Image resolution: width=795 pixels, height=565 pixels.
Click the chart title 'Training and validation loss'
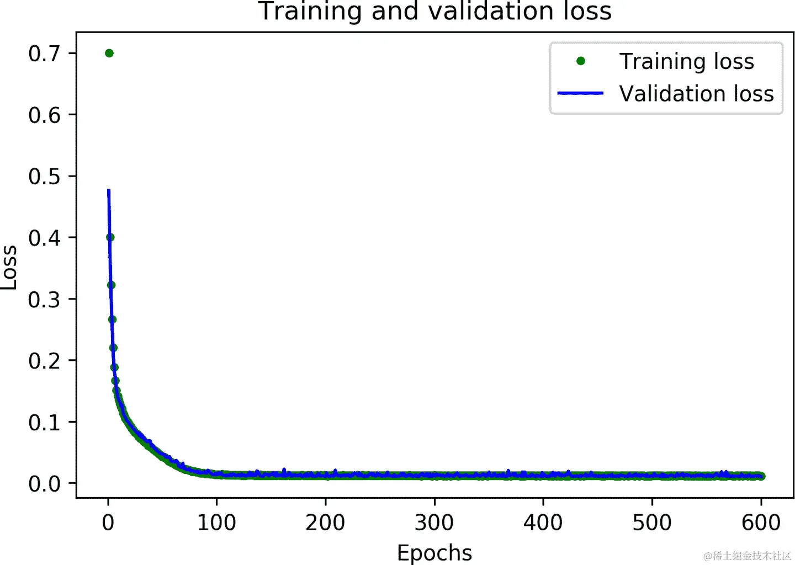(434, 11)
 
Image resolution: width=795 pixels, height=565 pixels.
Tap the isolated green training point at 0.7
(109, 53)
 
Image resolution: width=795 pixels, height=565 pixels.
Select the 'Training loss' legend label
(686, 61)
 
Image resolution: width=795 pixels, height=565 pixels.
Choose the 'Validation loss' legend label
(696, 94)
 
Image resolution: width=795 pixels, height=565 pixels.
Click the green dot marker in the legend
(581, 61)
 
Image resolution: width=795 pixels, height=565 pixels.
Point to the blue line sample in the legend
(580, 93)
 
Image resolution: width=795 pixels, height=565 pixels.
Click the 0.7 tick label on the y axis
(44, 54)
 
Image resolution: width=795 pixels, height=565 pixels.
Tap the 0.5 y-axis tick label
(44, 177)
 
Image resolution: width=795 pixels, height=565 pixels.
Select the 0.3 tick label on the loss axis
(44, 300)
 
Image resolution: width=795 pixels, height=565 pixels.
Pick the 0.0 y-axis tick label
(44, 484)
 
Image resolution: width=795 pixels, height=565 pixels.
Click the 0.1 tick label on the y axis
(44, 423)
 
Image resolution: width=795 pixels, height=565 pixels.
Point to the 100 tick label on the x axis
(216, 523)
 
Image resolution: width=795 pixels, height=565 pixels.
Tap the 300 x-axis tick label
(434, 523)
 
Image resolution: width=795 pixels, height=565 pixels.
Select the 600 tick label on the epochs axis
(761, 523)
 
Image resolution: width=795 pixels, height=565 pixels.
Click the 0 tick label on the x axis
(108, 523)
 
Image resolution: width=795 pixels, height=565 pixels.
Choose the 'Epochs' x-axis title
(434, 553)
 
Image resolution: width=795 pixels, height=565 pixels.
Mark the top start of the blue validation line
(109, 191)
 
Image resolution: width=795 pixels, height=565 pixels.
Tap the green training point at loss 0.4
(110, 237)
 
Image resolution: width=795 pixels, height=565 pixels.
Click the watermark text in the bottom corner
(747, 556)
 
